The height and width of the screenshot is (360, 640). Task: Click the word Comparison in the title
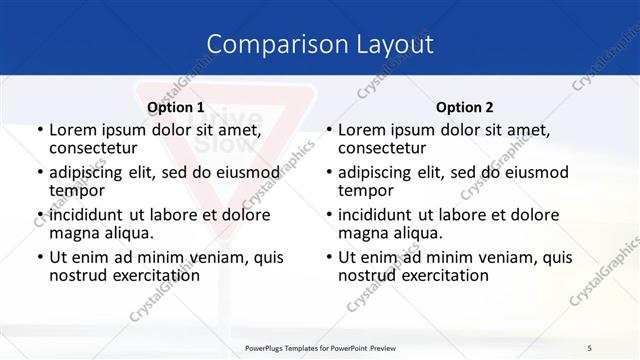267,45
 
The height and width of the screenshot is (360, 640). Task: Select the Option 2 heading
464,107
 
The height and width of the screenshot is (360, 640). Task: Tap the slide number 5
588,347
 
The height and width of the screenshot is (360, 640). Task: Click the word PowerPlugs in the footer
269,347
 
